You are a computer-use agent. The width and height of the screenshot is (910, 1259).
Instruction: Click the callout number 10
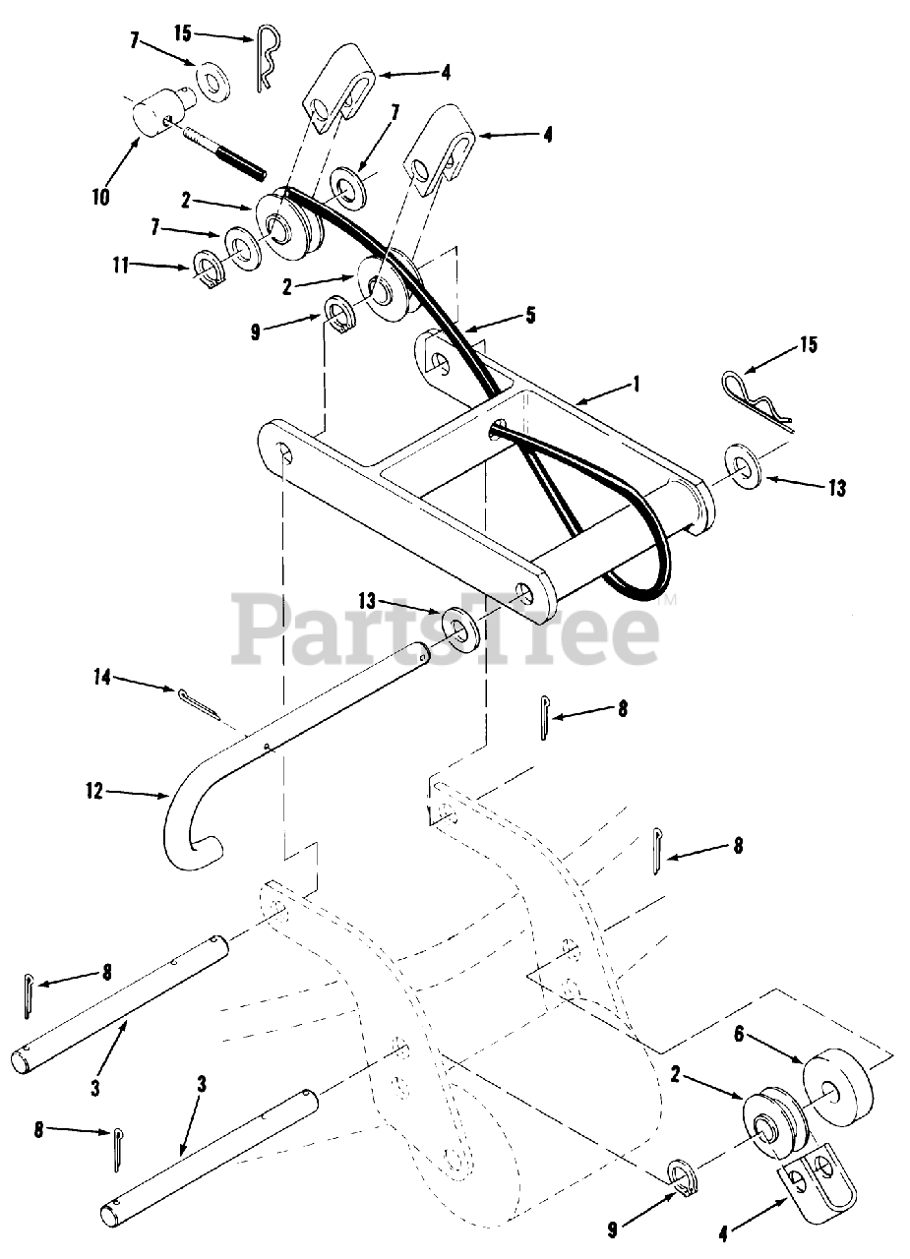click(99, 196)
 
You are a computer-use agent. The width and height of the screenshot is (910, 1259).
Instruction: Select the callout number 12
click(95, 791)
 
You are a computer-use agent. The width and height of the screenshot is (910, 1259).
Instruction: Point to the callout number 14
click(101, 676)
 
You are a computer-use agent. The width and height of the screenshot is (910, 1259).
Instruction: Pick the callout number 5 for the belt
click(530, 317)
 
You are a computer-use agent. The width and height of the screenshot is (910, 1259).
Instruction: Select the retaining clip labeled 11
click(209, 269)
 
